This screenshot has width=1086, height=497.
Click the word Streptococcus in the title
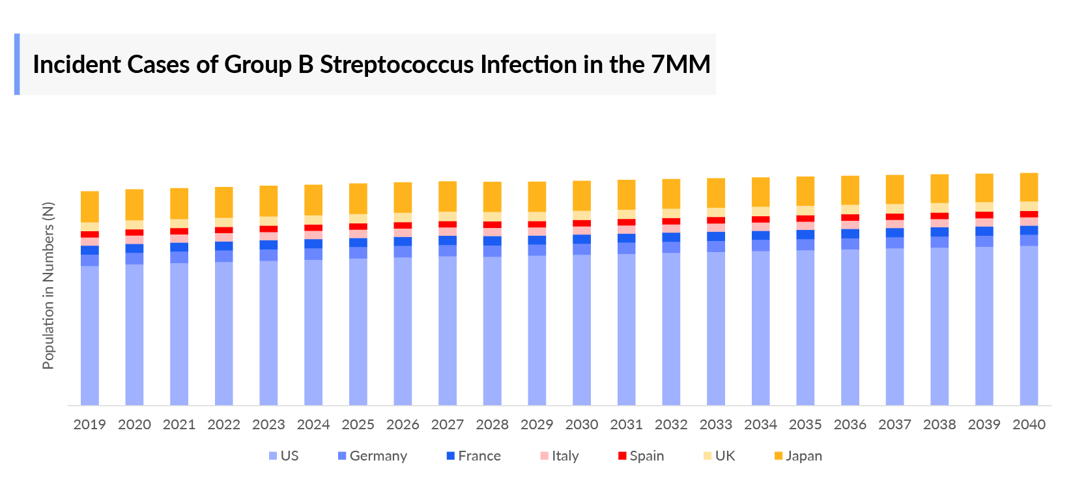(x=397, y=64)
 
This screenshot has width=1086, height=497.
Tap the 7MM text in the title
(x=680, y=64)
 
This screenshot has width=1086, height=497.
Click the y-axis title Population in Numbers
(x=48, y=286)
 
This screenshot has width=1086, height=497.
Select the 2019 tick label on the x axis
(x=89, y=425)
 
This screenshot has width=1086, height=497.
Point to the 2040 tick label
(x=1029, y=425)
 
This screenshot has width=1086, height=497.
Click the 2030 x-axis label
(x=582, y=425)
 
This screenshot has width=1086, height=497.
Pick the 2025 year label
(x=358, y=425)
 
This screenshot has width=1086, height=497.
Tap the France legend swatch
(x=450, y=456)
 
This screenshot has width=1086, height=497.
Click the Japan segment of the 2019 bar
(x=90, y=206)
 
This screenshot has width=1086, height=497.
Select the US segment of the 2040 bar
(x=1029, y=326)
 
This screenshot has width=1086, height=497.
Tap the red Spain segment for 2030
(x=582, y=223)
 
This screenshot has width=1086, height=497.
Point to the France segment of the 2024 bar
(x=313, y=244)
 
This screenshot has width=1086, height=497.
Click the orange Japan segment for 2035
(x=805, y=191)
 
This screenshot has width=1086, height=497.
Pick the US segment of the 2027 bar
(x=448, y=330)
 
